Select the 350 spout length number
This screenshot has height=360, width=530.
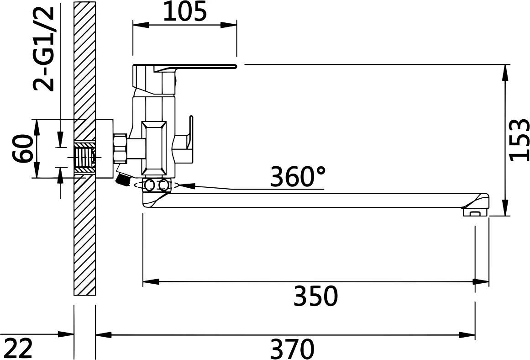[316, 296]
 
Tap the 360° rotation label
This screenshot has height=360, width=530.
[298, 176]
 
